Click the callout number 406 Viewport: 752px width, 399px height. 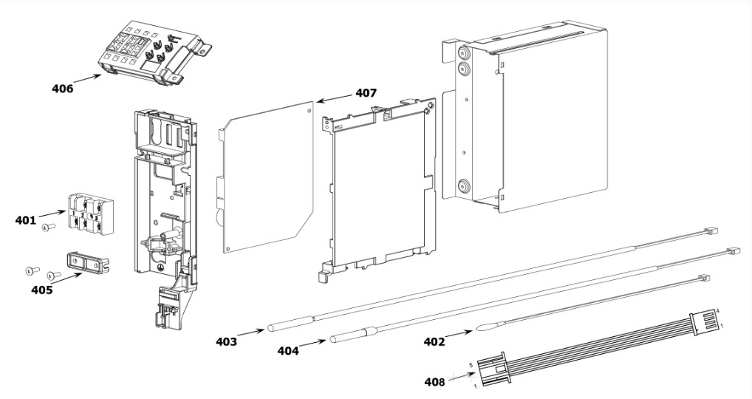tap(63, 89)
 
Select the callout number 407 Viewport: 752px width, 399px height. tap(366, 93)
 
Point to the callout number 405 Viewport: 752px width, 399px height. tap(42, 290)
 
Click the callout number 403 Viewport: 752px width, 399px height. tap(227, 341)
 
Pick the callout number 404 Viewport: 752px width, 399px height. tap(288, 351)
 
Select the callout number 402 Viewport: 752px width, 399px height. tap(434, 341)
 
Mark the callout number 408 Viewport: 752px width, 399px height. tap(434, 382)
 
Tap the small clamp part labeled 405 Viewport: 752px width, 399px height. tap(86, 262)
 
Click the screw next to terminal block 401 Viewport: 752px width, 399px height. tap(48, 228)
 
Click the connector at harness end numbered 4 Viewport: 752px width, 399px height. tap(705, 318)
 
